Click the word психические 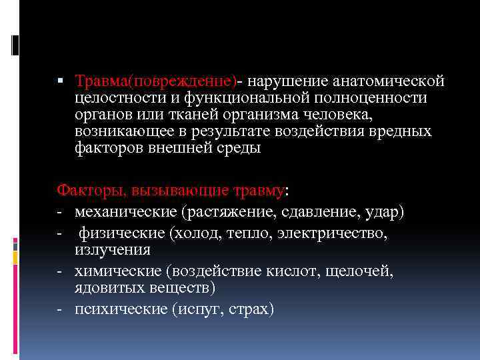click(113, 309)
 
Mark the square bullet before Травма click(60, 81)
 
